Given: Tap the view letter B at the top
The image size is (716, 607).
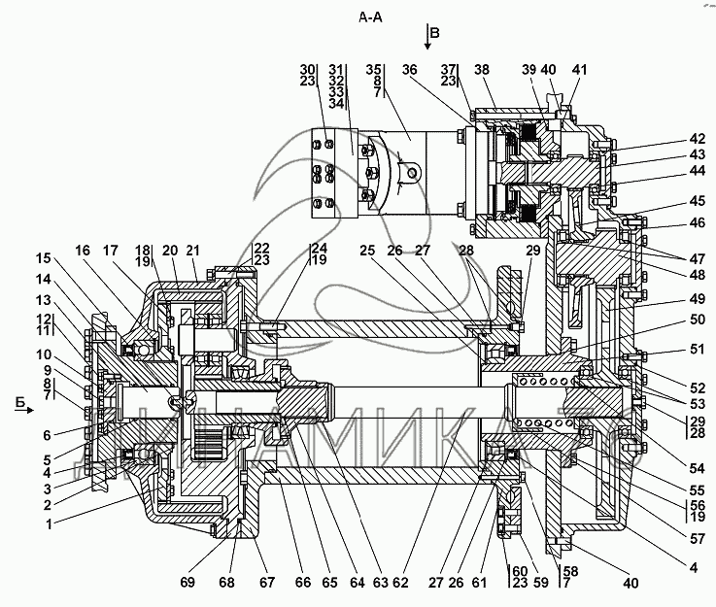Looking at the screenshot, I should tap(435, 34).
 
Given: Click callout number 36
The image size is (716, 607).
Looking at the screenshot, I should tap(409, 70).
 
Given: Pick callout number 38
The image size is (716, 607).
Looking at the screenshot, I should tap(482, 70).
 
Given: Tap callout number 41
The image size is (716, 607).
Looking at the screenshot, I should tap(579, 70).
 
